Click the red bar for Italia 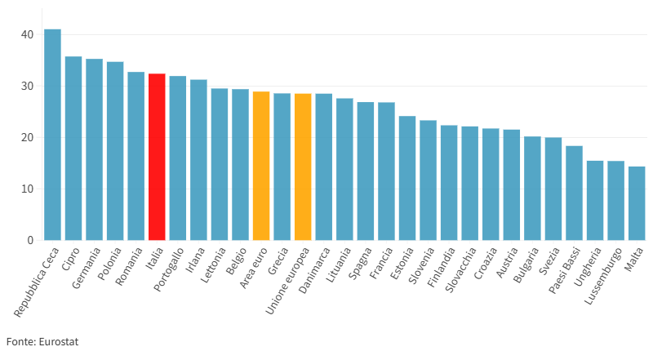coord(157,157)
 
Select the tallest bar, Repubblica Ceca coord(52,135)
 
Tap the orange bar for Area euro coord(261,166)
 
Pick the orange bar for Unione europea coord(303,167)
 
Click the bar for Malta coord(637,203)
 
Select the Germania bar coord(94,149)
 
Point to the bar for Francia coord(386,171)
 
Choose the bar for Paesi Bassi coord(575,193)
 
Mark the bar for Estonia coord(407,178)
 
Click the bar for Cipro coord(73,149)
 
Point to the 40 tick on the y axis coord(27,34)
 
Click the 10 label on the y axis coord(27,189)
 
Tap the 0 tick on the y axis coord(30,241)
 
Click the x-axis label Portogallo coord(169,269)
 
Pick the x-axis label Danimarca coord(314,270)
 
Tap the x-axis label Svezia coord(549,261)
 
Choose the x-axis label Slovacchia coord(460,269)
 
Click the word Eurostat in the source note coord(58,342)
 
